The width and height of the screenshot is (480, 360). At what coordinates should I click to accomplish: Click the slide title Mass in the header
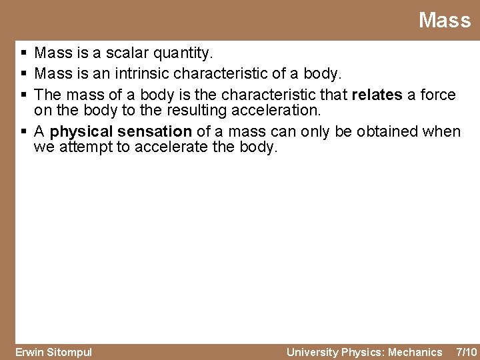[444, 21]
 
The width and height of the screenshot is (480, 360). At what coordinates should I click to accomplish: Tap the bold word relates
[376, 95]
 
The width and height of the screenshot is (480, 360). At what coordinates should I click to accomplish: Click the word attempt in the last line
[86, 147]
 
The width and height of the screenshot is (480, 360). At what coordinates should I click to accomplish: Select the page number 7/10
[465, 352]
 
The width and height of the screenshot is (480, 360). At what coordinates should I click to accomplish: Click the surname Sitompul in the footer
[69, 352]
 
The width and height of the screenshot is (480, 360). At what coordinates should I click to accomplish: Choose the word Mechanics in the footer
[415, 352]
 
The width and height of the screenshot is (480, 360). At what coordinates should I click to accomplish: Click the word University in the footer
[312, 352]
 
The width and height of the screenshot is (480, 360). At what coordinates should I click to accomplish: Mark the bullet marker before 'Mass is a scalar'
[23, 53]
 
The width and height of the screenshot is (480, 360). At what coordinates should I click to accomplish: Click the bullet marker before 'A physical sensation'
[23, 132]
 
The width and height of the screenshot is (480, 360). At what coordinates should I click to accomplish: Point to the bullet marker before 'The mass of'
[23, 95]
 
